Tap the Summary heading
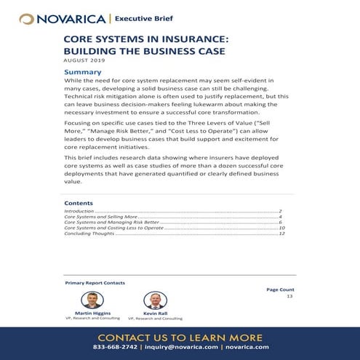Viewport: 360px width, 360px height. click(x=82, y=72)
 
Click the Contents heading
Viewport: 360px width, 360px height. click(x=79, y=203)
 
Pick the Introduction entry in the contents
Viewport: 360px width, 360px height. click(x=81, y=210)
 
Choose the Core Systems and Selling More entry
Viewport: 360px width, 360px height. click(x=100, y=217)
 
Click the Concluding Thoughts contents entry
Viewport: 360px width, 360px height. click(x=89, y=234)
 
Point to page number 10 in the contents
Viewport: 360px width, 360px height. click(x=281, y=228)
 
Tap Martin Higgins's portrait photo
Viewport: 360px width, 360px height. click(x=92, y=300)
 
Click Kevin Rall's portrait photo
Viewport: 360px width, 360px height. click(x=154, y=300)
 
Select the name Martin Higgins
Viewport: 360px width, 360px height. click(x=92, y=313)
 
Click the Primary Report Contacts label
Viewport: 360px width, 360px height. click(x=95, y=282)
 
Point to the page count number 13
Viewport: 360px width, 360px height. click(x=289, y=296)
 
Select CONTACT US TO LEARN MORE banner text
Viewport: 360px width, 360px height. click(x=180, y=337)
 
